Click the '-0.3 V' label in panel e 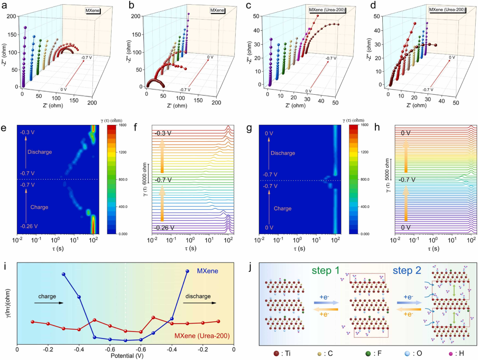pyautogui.click(x=28, y=132)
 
